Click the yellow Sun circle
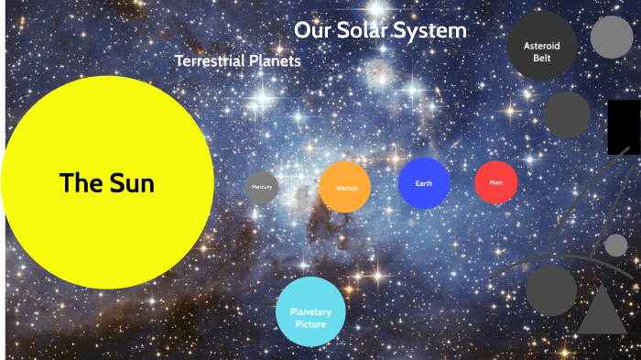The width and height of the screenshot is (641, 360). (106, 182)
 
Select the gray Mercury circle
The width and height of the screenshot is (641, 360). (262, 187)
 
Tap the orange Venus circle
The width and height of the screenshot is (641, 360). (345, 187)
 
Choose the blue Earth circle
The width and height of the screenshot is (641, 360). (424, 183)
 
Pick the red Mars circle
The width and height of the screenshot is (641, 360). (496, 183)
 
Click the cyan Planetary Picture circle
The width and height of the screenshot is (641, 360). (310, 312)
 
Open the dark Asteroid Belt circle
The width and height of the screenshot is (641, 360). (542, 46)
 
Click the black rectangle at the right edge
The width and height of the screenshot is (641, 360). (624, 127)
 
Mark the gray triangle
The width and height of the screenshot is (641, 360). (602, 311)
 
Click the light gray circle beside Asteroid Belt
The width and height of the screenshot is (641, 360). (612, 37)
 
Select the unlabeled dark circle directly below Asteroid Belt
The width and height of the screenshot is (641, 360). (567, 115)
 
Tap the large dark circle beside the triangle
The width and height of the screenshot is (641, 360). (550, 289)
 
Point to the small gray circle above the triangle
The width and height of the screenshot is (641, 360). (616, 245)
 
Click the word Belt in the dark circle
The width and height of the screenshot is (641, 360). (542, 58)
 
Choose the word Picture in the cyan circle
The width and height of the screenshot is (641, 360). (310, 323)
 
